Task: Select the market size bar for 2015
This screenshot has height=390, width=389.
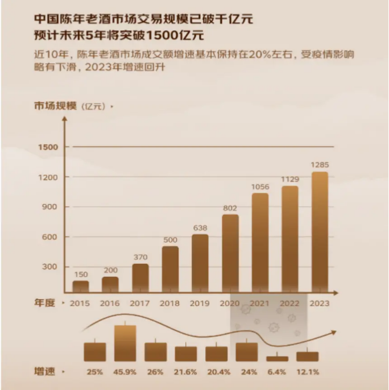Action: (80, 287)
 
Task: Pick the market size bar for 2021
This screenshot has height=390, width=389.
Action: (260, 243)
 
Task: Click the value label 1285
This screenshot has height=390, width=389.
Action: (320, 165)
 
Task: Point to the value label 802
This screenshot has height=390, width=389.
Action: (230, 208)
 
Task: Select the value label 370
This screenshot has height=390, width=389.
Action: (140, 257)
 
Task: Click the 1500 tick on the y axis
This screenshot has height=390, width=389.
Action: (48, 147)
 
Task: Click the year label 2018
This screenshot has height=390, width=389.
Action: (169, 304)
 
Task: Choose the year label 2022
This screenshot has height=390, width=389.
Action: (289, 304)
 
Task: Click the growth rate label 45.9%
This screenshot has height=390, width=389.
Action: (125, 372)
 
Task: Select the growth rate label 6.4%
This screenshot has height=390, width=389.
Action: (277, 372)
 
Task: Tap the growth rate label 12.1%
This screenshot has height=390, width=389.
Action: (308, 372)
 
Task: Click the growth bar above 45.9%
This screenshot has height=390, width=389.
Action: (125, 343)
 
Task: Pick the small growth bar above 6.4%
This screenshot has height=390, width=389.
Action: (277, 359)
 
